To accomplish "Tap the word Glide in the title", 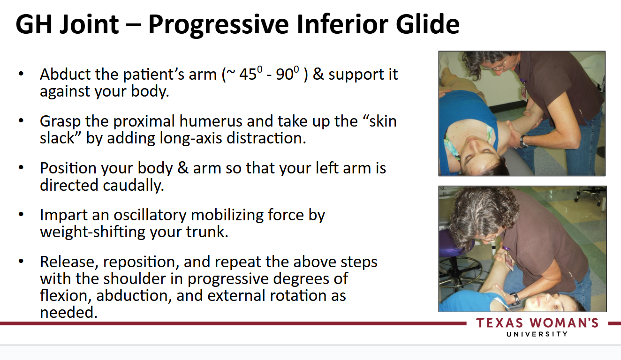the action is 427,24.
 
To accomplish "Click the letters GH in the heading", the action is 34,24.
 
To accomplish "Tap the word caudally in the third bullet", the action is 133,185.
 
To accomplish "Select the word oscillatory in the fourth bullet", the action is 150,215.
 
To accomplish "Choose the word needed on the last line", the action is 69,313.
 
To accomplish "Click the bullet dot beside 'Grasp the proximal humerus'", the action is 21,120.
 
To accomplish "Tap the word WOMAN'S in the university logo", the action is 564,323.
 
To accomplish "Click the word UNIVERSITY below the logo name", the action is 537,334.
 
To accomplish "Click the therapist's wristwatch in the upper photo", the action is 523,141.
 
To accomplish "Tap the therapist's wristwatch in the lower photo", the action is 515,299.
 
